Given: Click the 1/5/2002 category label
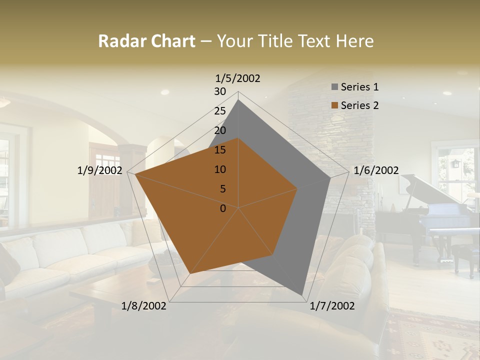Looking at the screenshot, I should tap(237, 78).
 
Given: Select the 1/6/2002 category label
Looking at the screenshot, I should tap(376, 171).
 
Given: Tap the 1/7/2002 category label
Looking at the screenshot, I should tap(332, 306).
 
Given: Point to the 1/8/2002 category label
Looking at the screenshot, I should tap(144, 306).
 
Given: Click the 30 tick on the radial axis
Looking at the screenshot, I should tap(220, 91).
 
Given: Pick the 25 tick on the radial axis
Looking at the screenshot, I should tap(220, 111).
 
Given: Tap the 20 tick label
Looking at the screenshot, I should tap(220, 130).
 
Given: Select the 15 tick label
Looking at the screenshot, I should tap(220, 150).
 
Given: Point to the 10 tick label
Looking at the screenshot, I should tap(220, 169).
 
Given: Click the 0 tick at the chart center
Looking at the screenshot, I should tap(223, 208).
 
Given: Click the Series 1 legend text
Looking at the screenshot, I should tap(359, 87).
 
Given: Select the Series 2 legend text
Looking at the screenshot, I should tap(359, 105).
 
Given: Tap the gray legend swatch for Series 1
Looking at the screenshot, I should tap(334, 87).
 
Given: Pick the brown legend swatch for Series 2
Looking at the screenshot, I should tap(334, 106).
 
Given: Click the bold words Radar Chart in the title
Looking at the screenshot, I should tap(146, 41).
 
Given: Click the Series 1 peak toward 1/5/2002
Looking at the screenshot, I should tap(238, 100).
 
